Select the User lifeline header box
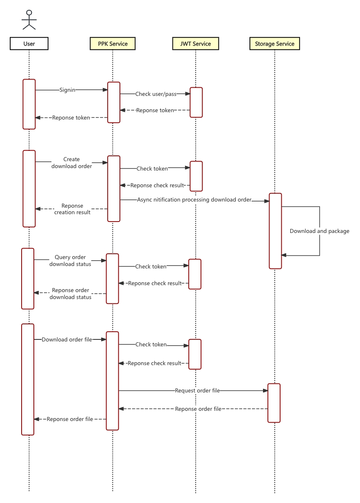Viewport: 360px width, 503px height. [29, 44]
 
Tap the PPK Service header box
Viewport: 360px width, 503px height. [113, 44]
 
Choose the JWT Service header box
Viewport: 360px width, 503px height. [196, 44]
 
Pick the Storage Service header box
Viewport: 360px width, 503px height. [274, 44]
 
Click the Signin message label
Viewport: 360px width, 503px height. [67, 90]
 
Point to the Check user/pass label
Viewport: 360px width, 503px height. [156, 94]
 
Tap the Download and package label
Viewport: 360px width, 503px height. [319, 231]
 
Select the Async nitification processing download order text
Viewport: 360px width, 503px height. [194, 200]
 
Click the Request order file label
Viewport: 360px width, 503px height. [197, 390]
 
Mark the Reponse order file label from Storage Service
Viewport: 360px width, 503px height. [198, 409]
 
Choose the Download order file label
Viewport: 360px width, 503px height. [67, 339]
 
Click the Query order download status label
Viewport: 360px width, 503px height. [70, 261]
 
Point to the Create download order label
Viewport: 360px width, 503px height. [71, 163]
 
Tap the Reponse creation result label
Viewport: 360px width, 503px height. [72, 209]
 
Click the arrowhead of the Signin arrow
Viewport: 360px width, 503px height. [105, 90]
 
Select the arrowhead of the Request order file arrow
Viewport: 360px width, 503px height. [265, 390]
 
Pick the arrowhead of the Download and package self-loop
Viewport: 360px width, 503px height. [284, 255]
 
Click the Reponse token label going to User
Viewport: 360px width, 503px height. [71, 117]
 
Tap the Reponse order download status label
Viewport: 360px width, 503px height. [70, 294]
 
